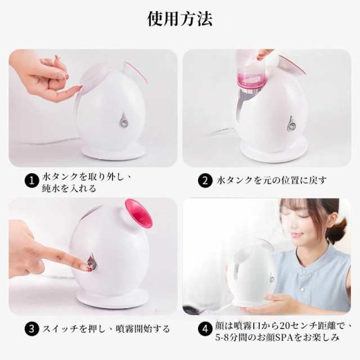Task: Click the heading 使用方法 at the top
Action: [180, 19]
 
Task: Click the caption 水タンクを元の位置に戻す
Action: [270, 181]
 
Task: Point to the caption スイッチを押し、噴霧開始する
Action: [106, 328]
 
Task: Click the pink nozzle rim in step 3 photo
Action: [138, 213]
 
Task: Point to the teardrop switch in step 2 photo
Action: [291, 123]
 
